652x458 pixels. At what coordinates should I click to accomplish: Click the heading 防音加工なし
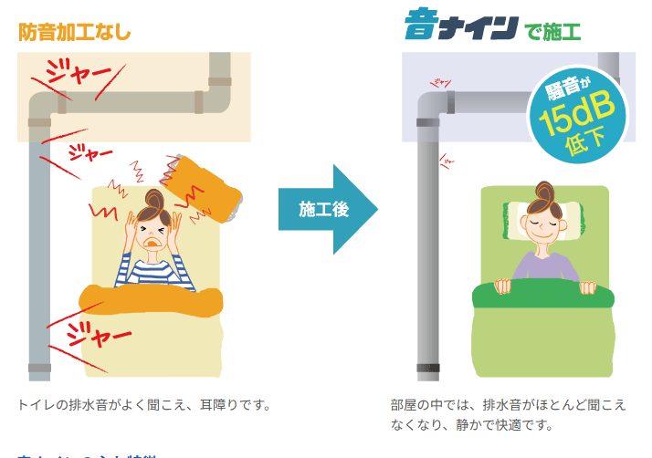(x=75, y=31)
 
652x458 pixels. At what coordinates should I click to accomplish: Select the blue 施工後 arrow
(x=326, y=209)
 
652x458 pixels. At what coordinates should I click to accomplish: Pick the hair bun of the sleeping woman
(x=545, y=191)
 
